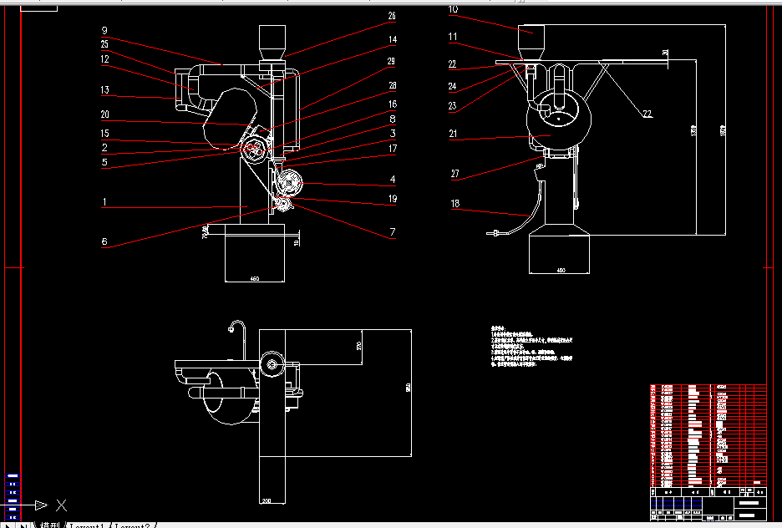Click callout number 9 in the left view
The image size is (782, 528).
click(104, 30)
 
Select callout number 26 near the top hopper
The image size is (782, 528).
click(392, 16)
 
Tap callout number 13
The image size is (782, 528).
click(104, 90)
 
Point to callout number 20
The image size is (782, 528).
click(104, 114)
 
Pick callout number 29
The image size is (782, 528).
click(392, 61)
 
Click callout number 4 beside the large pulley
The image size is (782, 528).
click(392, 179)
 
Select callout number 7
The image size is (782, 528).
click(392, 233)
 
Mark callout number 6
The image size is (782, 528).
click(104, 242)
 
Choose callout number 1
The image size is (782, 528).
click(104, 201)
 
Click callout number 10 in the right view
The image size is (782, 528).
click(453, 10)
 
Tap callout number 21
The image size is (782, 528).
click(453, 133)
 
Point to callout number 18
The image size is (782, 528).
click(453, 202)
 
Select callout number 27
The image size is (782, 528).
click(454, 174)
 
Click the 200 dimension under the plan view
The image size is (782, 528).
click(267, 500)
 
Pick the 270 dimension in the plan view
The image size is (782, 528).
click(358, 346)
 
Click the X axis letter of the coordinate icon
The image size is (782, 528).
click(60, 505)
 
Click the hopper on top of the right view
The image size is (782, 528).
click(531, 41)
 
